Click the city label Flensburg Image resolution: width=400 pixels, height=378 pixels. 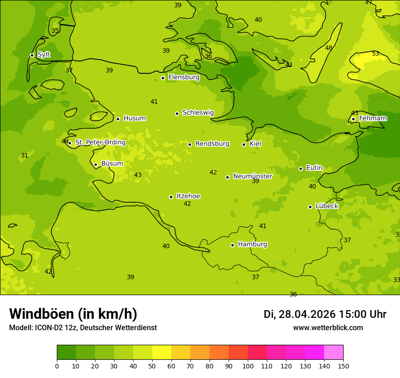184,77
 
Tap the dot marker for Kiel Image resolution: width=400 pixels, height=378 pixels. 244,144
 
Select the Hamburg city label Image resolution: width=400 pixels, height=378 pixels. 252,245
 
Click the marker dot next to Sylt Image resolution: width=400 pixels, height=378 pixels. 32,55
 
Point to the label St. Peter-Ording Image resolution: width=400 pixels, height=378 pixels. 100,143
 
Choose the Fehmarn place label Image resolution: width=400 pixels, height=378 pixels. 373,118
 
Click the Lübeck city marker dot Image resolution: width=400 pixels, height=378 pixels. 310,207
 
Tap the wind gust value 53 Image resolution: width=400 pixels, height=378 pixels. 375,54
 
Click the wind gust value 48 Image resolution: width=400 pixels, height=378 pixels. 329,48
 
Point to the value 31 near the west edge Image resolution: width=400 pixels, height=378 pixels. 25,155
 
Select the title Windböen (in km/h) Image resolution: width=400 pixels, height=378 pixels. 73,314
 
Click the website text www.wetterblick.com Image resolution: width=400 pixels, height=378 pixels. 328,328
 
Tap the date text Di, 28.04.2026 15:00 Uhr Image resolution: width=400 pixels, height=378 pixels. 325,314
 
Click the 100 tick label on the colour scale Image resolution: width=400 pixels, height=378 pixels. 248,366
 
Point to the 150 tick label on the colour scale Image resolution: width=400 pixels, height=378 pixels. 343,366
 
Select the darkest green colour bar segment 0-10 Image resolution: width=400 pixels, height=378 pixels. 66,352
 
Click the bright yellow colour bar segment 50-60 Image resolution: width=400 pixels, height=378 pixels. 162,352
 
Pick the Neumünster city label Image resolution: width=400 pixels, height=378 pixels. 252,176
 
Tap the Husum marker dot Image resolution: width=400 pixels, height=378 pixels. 118,119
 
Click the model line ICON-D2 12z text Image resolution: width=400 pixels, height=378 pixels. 83,328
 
